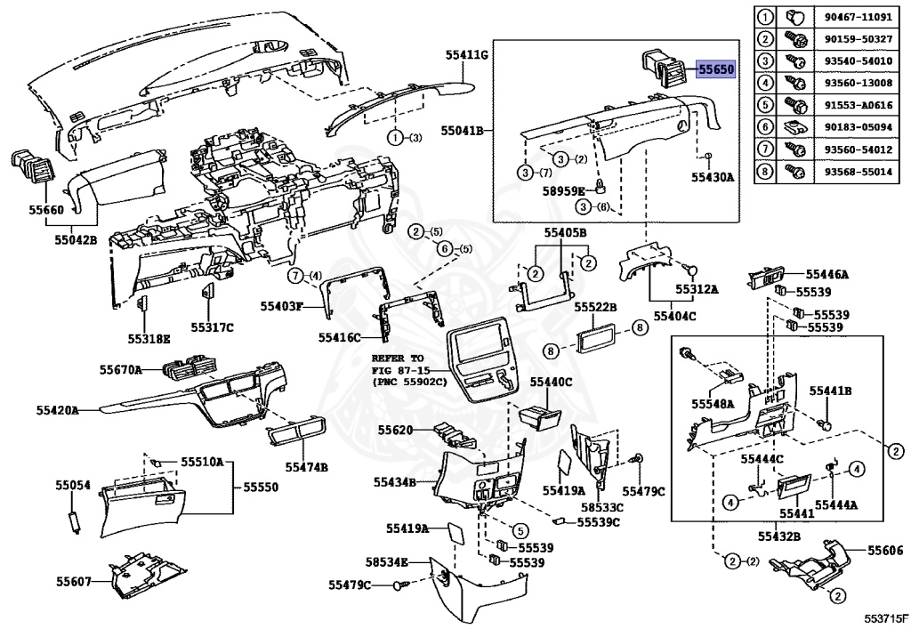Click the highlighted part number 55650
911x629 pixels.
coord(716,69)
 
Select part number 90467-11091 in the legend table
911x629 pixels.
coord(859,17)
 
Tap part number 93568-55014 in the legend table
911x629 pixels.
coord(859,172)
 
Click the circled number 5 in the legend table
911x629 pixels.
coord(765,105)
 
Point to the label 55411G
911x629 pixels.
coord(466,55)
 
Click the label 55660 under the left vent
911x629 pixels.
coord(46,210)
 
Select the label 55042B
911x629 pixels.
coord(77,238)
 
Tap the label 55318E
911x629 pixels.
coord(149,339)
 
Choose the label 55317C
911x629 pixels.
coord(212,327)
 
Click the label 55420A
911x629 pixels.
coord(58,411)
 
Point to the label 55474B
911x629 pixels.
coord(306,467)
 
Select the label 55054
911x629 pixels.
coord(73,485)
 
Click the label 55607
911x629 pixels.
coord(74,581)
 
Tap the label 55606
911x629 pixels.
coord(885,551)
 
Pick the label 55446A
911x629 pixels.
coord(826,275)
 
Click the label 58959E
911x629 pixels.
coord(563,191)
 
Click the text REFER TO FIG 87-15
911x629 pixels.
coord(399,364)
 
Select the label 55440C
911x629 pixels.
coord(551,383)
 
